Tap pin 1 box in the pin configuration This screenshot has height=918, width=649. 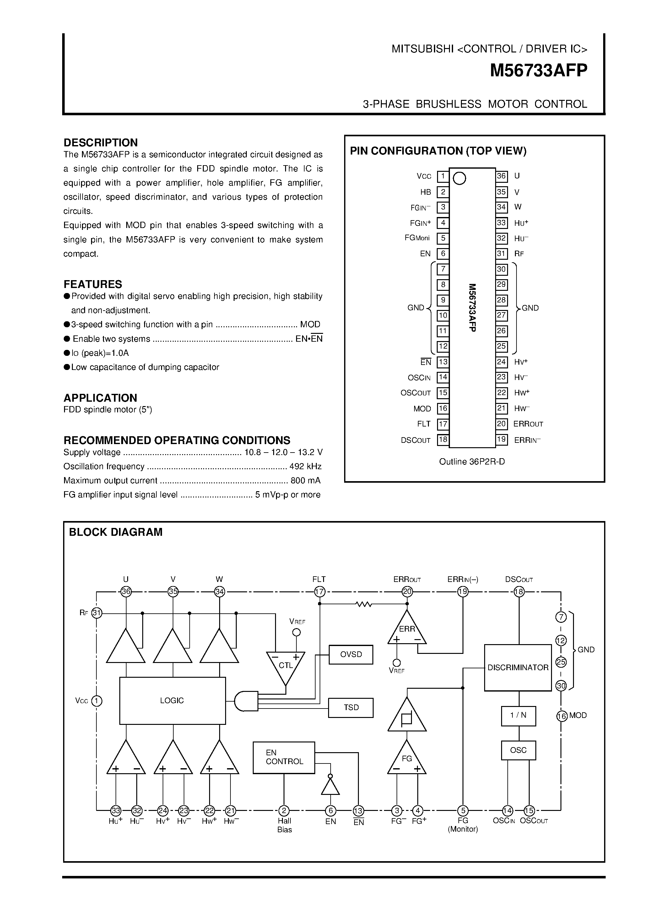coord(442,176)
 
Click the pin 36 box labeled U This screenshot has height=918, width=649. coord(501,176)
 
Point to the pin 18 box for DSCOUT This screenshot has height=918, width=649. coord(442,440)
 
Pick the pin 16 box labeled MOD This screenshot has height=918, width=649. coord(442,409)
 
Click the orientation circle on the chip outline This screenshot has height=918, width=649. coord(460,178)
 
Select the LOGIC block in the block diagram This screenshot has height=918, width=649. coord(172,700)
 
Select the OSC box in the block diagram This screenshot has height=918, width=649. coord(518,750)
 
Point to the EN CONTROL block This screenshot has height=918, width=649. coord(284,757)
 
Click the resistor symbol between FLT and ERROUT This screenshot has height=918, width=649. coord(363,605)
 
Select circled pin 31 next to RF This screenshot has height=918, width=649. coord(97,612)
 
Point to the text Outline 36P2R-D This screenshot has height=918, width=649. coord(472,462)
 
